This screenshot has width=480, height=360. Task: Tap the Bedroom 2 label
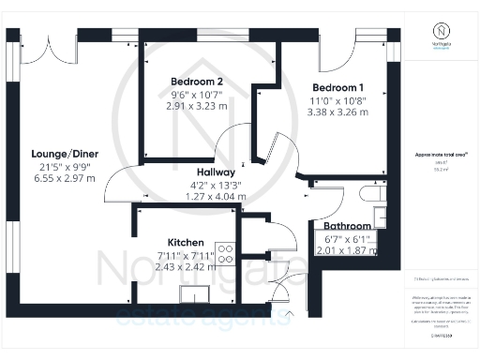[x=196, y=81]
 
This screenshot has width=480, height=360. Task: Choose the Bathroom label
[x=349, y=226]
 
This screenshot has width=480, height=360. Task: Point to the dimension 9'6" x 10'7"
[x=196, y=94]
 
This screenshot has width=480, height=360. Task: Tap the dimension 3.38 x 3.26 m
[x=338, y=112]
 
